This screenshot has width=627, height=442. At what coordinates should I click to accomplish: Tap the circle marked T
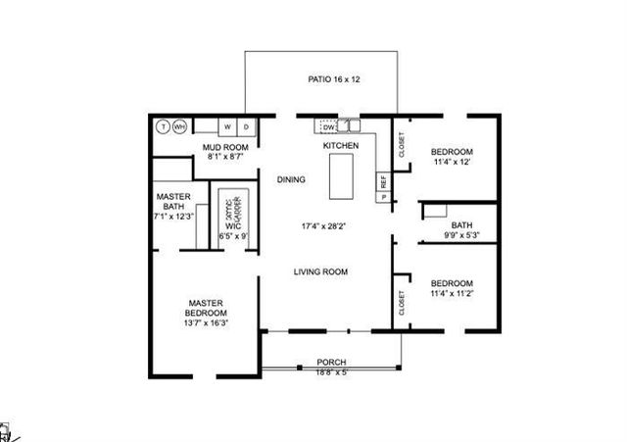click(163, 126)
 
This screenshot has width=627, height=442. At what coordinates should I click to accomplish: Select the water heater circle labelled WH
click(179, 126)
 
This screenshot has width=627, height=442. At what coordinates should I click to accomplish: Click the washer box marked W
click(227, 126)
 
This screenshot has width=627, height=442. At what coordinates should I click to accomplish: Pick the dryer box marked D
click(246, 126)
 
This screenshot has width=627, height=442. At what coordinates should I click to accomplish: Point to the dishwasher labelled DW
click(329, 126)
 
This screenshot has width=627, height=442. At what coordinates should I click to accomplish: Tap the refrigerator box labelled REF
click(384, 181)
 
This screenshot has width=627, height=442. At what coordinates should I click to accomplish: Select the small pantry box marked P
click(383, 197)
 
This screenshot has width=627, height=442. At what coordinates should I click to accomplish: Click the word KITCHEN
click(341, 146)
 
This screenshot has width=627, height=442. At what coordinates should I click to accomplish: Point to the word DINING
click(291, 179)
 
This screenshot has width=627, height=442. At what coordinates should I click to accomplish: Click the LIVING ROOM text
click(321, 271)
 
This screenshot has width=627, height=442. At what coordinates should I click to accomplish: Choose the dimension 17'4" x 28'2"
click(322, 225)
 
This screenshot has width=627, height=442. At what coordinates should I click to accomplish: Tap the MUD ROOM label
click(224, 147)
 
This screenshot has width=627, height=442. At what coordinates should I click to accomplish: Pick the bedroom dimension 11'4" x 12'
click(453, 162)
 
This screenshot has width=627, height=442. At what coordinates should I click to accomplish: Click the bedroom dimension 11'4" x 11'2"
click(453, 293)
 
